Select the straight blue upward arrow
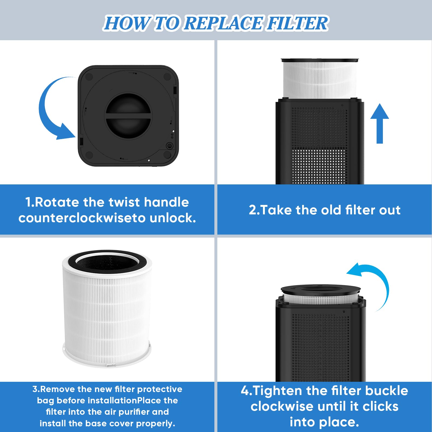tap(380, 123)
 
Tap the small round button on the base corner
tap(169, 146)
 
